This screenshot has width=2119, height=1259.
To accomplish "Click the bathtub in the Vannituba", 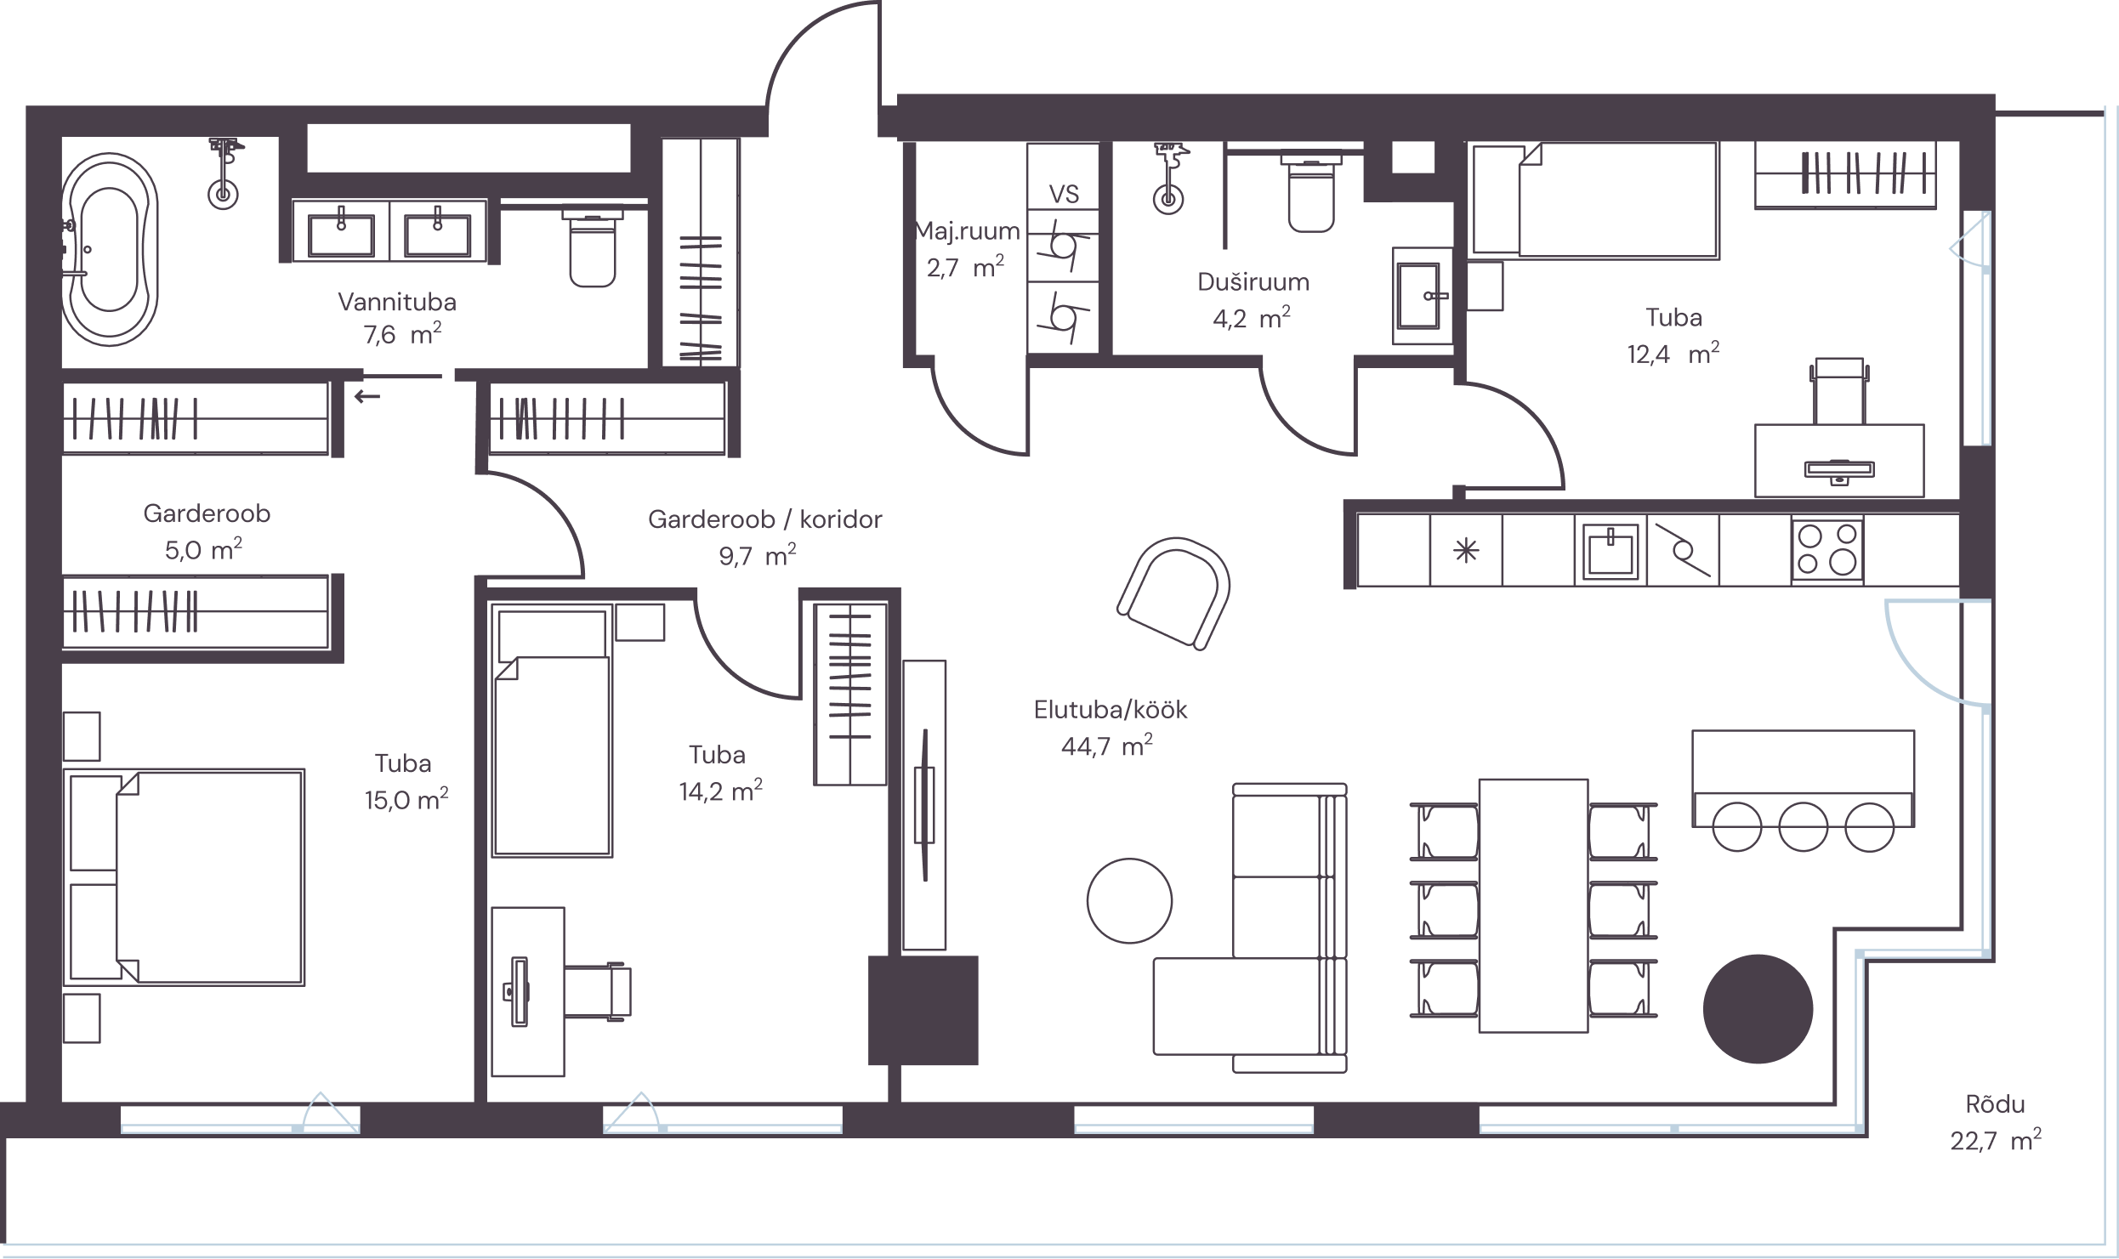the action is tap(110, 249).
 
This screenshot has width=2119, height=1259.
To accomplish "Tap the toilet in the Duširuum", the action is tap(1311, 193).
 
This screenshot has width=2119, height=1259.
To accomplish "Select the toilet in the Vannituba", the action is tap(593, 248).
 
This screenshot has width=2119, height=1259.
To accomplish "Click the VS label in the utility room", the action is tap(1064, 195).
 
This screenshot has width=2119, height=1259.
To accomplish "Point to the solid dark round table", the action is tap(1758, 1009).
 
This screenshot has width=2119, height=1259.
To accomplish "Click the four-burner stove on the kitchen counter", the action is tap(1827, 549).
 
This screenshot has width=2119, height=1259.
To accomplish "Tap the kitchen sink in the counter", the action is tap(1611, 551).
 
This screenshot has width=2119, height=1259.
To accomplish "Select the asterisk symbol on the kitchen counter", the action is tap(1466, 552).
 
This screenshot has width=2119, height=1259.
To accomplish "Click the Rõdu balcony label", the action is tap(1995, 1104).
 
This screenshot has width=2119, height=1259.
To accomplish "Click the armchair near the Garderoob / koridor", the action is tap(1174, 593).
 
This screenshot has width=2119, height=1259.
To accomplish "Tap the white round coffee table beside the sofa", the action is tap(1129, 900).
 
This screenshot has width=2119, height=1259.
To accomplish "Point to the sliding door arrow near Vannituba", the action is tap(367, 396).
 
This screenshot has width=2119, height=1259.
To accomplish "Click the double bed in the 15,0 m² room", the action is tap(185, 877).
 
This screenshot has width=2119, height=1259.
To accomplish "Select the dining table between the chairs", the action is tap(1533, 905).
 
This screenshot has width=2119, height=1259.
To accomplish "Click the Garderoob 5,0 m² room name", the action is tap(207, 513).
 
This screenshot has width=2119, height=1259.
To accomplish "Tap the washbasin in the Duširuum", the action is tap(1422, 296).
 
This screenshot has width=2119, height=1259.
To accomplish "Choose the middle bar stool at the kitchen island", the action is tap(1803, 827).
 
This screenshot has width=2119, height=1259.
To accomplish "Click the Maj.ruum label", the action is tap(967, 230).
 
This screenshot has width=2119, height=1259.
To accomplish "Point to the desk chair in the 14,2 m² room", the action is tap(598, 992).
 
